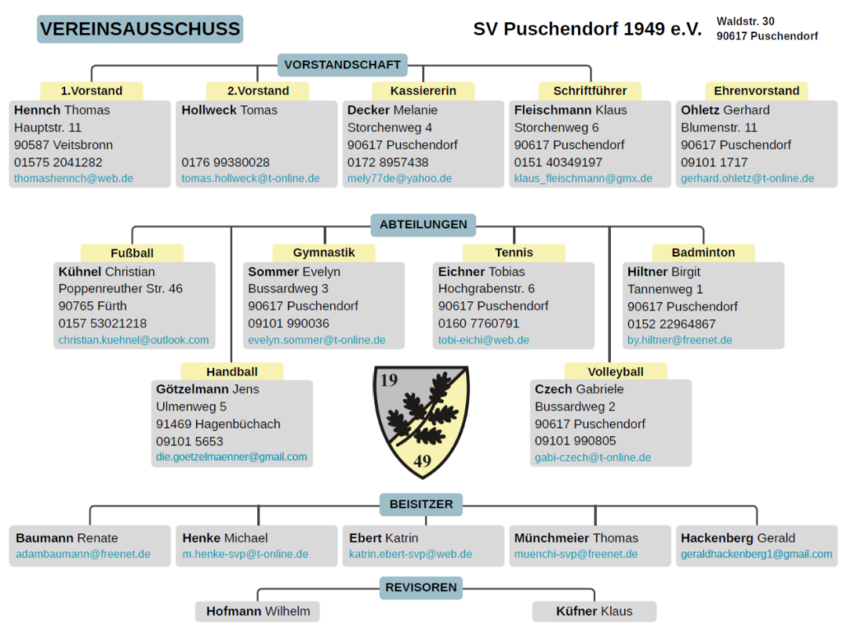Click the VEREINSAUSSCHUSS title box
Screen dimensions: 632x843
[140, 29]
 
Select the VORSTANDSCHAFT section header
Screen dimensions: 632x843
[342, 65]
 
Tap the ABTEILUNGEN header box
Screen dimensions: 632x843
[423, 224]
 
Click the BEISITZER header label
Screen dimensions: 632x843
[421, 504]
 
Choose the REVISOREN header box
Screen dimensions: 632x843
[421, 588]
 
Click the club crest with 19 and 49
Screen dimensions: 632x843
[421, 420]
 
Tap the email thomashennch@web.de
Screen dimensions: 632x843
[73, 179]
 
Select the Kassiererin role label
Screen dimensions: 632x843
[423, 91]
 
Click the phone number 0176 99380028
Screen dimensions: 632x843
[226, 162]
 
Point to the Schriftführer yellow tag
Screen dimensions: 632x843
[589, 91]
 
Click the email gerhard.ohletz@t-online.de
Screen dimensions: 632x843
[748, 179]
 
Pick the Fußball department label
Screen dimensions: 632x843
[132, 253]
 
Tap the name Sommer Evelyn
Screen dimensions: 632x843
[294, 272]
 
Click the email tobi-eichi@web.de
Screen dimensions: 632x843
[483, 340]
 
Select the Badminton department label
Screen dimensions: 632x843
[703, 253]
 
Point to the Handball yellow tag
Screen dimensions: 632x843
[231, 372]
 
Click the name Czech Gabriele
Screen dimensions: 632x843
[580, 389]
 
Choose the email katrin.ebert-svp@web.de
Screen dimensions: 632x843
[410, 555]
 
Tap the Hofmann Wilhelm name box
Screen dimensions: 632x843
[258, 611]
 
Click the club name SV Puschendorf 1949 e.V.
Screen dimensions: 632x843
[587, 30]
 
